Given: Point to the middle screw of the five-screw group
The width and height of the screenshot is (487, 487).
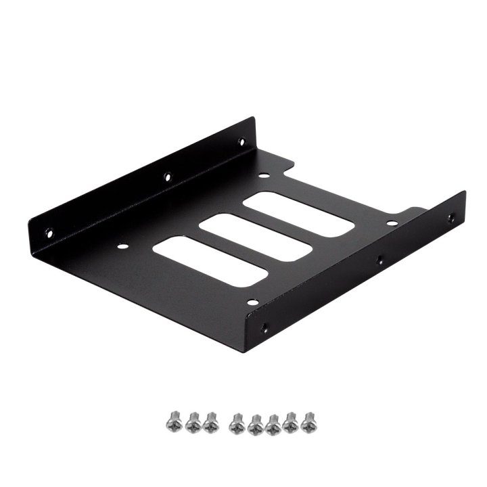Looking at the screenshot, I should [x=273, y=424].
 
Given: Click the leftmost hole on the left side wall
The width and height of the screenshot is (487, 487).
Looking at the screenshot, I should [x=48, y=233].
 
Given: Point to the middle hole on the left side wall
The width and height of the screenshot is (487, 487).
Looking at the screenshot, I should [x=167, y=178].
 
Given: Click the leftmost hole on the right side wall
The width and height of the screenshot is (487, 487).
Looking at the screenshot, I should [x=264, y=328].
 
